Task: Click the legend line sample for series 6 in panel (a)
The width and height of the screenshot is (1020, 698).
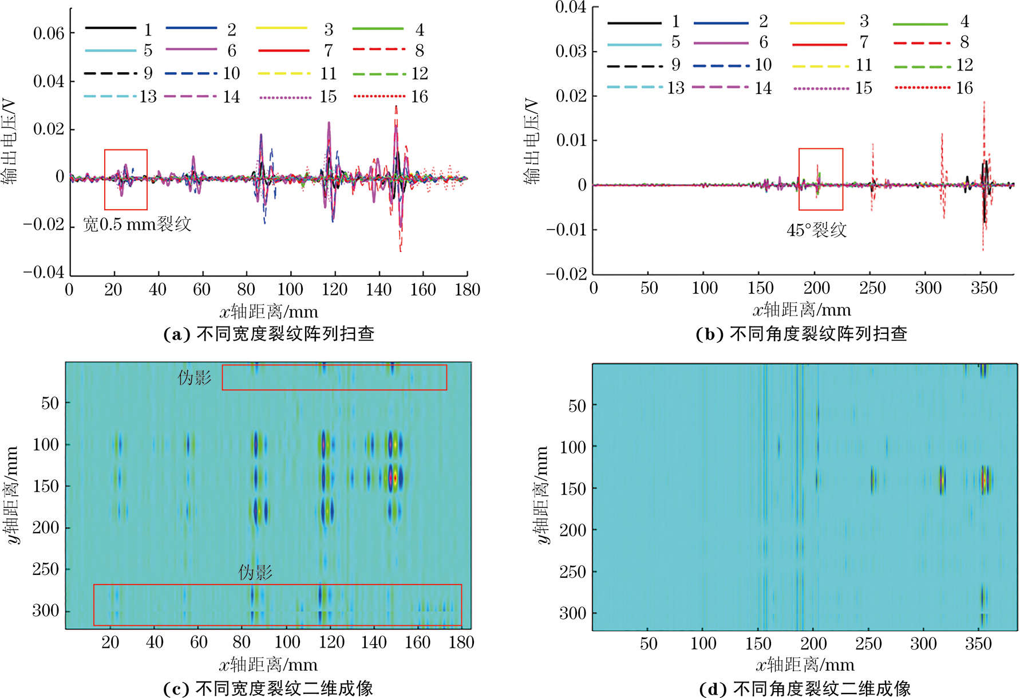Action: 191,50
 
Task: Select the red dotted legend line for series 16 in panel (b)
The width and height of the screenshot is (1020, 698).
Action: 922,88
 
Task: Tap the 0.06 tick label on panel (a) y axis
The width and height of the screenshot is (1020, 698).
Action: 49,33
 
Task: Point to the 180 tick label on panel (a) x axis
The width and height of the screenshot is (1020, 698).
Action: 467,290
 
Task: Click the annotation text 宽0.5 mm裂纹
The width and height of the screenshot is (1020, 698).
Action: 137,224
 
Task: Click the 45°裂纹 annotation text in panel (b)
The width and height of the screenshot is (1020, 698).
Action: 816,230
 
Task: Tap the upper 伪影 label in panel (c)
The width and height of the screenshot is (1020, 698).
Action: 195,377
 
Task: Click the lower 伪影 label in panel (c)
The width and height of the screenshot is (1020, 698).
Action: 255,572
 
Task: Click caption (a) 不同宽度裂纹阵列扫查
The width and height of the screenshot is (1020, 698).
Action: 268,334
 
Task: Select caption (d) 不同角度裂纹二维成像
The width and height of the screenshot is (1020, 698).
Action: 804,688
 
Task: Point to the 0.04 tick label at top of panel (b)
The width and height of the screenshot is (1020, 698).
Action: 571,7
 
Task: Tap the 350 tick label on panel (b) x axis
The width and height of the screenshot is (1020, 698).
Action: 983,288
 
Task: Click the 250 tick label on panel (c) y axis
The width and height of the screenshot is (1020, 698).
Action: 45,569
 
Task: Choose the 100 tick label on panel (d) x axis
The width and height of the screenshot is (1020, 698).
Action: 703,644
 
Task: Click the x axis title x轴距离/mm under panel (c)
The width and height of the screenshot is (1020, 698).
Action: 268,665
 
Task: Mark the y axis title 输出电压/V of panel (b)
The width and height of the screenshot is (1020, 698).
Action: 532,141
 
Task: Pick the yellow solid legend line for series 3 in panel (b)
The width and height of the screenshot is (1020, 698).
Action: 817,23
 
